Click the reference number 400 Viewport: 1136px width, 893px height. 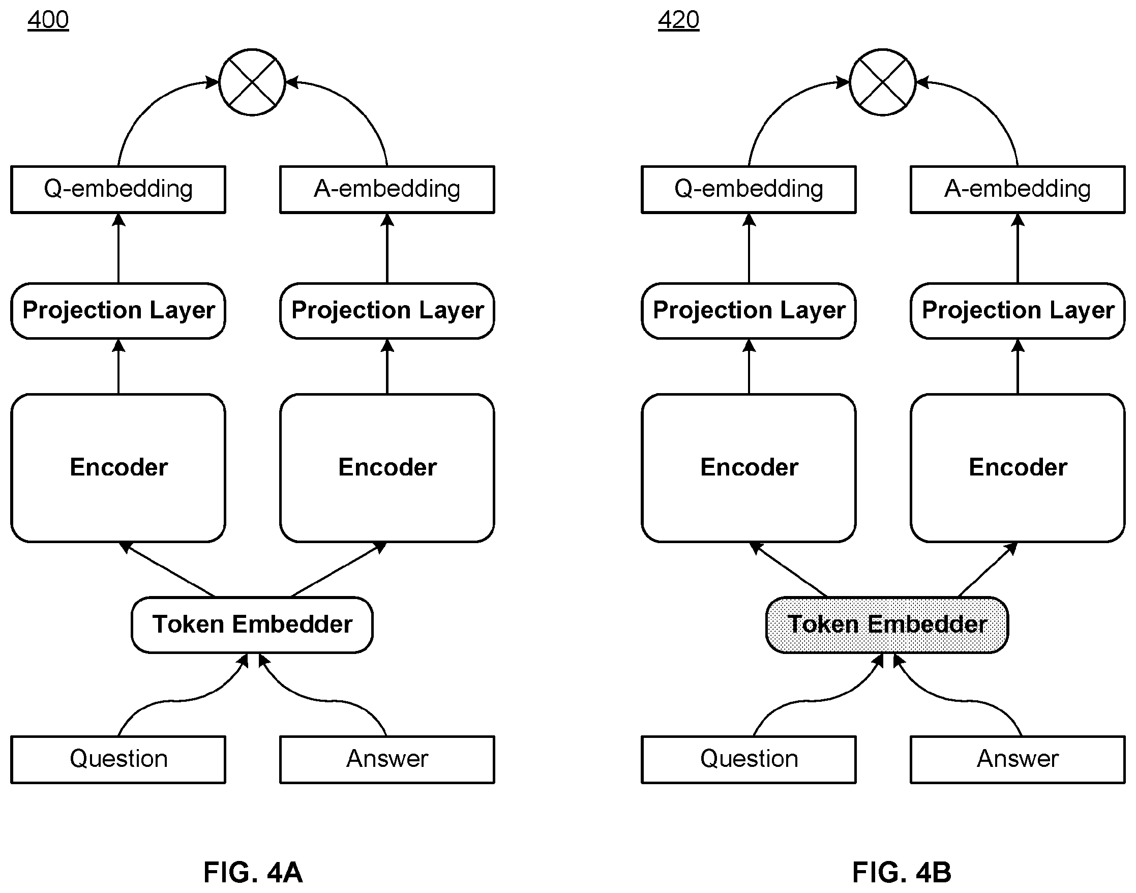[x=48, y=20]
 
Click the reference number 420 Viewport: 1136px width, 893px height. [x=678, y=20]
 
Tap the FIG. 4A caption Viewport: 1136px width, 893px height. [x=253, y=872]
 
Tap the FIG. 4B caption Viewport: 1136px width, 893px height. [x=902, y=872]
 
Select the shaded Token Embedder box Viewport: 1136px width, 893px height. [x=887, y=625]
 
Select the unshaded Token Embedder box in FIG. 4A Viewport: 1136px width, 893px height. [x=252, y=625]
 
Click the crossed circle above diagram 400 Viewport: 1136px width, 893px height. [x=252, y=82]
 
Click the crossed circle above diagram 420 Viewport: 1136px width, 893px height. [x=882, y=82]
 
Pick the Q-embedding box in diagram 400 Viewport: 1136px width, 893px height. [x=118, y=189]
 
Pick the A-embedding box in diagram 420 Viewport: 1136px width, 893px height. [x=1018, y=189]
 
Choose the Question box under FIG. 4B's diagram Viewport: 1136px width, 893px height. [x=749, y=759]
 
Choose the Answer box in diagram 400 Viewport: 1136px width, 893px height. [x=387, y=759]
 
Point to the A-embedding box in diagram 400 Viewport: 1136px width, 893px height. [x=387, y=189]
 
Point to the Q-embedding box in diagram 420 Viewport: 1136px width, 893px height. [x=749, y=189]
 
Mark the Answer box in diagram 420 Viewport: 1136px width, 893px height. [x=1018, y=759]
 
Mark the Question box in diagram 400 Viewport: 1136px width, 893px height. [x=118, y=759]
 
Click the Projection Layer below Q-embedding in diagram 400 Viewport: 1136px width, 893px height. [x=118, y=311]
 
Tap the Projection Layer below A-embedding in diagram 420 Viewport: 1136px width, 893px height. [x=1018, y=311]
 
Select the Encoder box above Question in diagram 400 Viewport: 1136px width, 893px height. [x=118, y=468]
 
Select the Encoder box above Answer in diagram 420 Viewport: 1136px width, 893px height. [x=1018, y=468]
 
